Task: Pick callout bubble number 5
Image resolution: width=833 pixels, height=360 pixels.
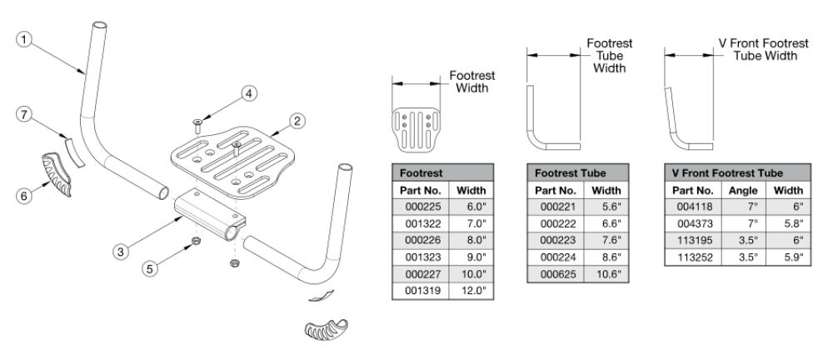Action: (152, 269)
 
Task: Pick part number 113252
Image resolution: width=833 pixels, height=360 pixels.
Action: (692, 257)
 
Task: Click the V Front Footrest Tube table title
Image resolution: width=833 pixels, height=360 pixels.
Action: (727, 173)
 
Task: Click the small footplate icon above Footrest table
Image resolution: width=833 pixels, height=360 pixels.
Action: (417, 128)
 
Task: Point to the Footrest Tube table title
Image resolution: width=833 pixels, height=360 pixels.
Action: (570, 173)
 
